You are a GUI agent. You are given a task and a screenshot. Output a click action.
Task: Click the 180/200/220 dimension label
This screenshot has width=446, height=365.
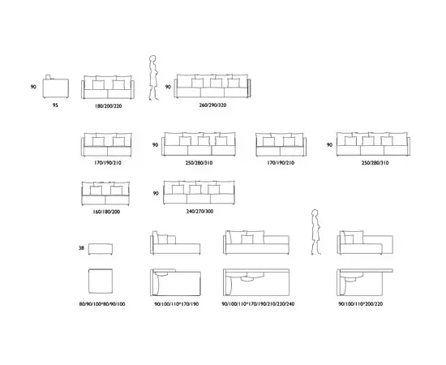(x=108, y=106)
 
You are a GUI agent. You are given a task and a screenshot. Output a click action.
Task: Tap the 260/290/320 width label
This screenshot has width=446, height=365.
(x=212, y=105)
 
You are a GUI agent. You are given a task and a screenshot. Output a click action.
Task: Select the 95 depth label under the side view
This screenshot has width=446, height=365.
(x=55, y=105)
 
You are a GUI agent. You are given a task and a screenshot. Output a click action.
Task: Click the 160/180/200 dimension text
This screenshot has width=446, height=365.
(x=106, y=212)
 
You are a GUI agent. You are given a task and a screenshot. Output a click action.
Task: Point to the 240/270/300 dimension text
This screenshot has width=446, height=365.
(x=199, y=212)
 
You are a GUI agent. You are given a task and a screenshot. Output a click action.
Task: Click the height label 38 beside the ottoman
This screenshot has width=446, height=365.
(x=81, y=247)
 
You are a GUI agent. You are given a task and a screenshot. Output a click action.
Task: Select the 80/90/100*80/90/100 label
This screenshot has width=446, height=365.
(x=102, y=304)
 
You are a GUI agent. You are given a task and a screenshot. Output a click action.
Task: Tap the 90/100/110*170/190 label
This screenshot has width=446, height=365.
(x=176, y=304)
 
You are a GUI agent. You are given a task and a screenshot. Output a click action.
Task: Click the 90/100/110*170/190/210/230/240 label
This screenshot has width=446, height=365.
(x=258, y=304)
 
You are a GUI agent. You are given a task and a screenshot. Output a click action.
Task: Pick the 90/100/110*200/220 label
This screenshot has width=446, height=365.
(x=360, y=304)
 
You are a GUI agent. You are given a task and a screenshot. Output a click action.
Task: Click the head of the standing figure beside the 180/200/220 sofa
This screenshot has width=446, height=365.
(x=152, y=59)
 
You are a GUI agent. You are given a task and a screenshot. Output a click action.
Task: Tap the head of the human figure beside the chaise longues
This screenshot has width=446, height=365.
(x=315, y=213)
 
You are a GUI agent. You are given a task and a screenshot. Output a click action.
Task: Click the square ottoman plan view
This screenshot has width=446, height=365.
(x=100, y=281)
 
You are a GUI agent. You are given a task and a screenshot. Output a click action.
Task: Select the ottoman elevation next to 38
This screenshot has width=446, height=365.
(x=100, y=249)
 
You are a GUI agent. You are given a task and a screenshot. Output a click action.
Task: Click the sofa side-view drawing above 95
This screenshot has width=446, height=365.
(x=55, y=87)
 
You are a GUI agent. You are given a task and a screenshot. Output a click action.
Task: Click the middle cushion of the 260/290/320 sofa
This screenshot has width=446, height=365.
(x=217, y=83)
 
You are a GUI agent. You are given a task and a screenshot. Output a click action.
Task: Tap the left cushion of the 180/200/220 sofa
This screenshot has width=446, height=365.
(x=98, y=85)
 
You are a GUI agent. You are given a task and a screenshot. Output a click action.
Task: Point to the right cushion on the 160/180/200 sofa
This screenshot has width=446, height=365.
(x=116, y=191)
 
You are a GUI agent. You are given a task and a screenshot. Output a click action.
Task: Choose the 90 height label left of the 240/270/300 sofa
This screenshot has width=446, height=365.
(x=156, y=194)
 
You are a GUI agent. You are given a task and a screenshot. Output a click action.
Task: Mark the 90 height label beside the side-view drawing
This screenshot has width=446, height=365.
(x=33, y=87)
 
